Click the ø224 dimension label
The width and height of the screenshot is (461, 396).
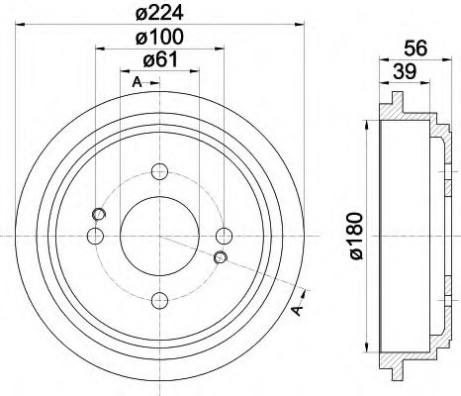[159, 14]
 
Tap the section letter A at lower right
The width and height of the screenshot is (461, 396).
[296, 312]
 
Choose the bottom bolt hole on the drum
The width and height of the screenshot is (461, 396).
[159, 298]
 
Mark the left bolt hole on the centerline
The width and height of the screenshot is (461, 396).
[95, 235]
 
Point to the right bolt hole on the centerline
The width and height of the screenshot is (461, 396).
[225, 235]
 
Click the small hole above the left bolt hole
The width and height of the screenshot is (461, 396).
[97, 214]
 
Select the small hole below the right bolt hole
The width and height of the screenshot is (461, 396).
[221, 258]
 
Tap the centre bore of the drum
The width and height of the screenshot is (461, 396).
[159, 235]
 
